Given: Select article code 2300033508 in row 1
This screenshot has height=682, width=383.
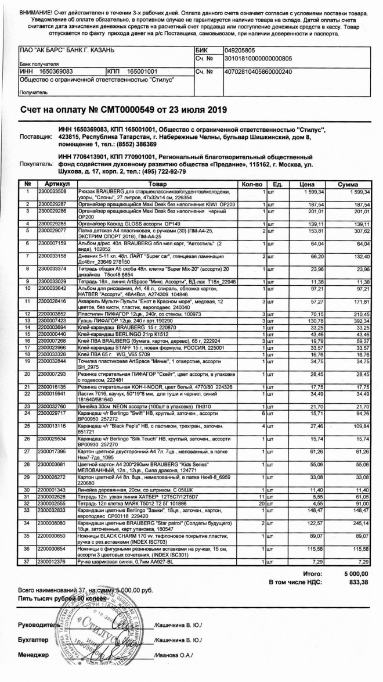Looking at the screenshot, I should (x=53, y=191).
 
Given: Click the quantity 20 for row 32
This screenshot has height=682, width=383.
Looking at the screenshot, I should (x=262, y=536).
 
